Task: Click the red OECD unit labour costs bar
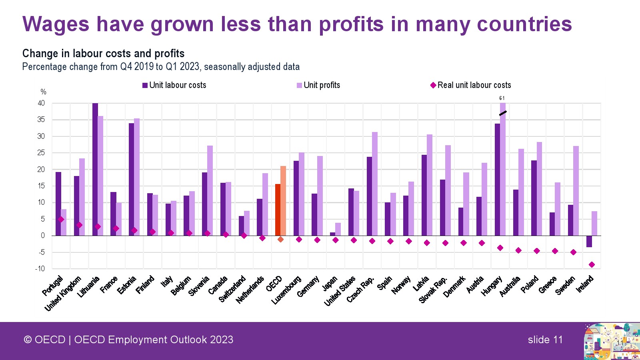[278, 210]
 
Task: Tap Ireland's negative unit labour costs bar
[589, 241]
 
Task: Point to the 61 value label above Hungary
[502, 98]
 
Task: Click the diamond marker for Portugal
[61, 219]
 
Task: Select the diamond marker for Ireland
[592, 264]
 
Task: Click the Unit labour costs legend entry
[174, 85]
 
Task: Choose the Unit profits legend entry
[318, 85]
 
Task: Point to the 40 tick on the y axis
[41, 103]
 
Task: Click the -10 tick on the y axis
[40, 268]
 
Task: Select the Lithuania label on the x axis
[88, 287]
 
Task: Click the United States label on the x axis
[340, 291]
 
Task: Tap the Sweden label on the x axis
[565, 285]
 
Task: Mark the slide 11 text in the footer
[545, 340]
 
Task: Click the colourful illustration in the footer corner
[611, 341]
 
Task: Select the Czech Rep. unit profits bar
[375, 184]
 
